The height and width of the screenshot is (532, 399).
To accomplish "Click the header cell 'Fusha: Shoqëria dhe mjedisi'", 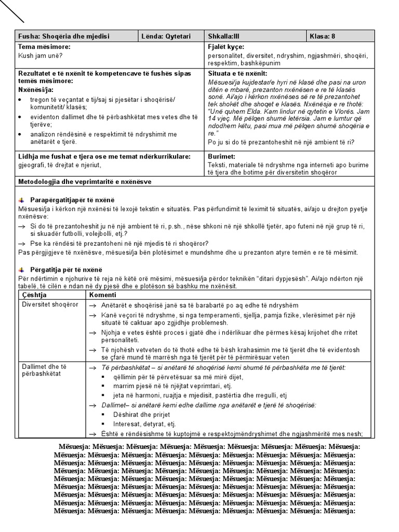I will [63, 36].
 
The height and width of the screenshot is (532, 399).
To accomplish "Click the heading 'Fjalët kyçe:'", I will [225, 47].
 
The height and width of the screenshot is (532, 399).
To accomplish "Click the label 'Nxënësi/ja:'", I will [37, 90].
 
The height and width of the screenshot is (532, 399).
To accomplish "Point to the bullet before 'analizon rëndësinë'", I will [20, 135].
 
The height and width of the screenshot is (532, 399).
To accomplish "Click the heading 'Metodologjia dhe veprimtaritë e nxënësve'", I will [85, 181].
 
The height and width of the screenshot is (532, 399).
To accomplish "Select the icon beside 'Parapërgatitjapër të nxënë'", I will [21, 201].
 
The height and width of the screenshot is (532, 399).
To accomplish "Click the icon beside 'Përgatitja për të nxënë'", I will [21, 270].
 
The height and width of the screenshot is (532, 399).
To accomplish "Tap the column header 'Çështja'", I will [34, 295].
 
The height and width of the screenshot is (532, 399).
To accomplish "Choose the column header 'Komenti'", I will [103, 295].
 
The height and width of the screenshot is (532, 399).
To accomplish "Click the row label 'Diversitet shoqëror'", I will [50, 304].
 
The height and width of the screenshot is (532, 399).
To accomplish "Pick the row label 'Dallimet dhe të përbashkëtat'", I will [44, 370].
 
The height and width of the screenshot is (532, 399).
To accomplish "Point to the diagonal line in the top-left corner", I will [12, 11].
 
